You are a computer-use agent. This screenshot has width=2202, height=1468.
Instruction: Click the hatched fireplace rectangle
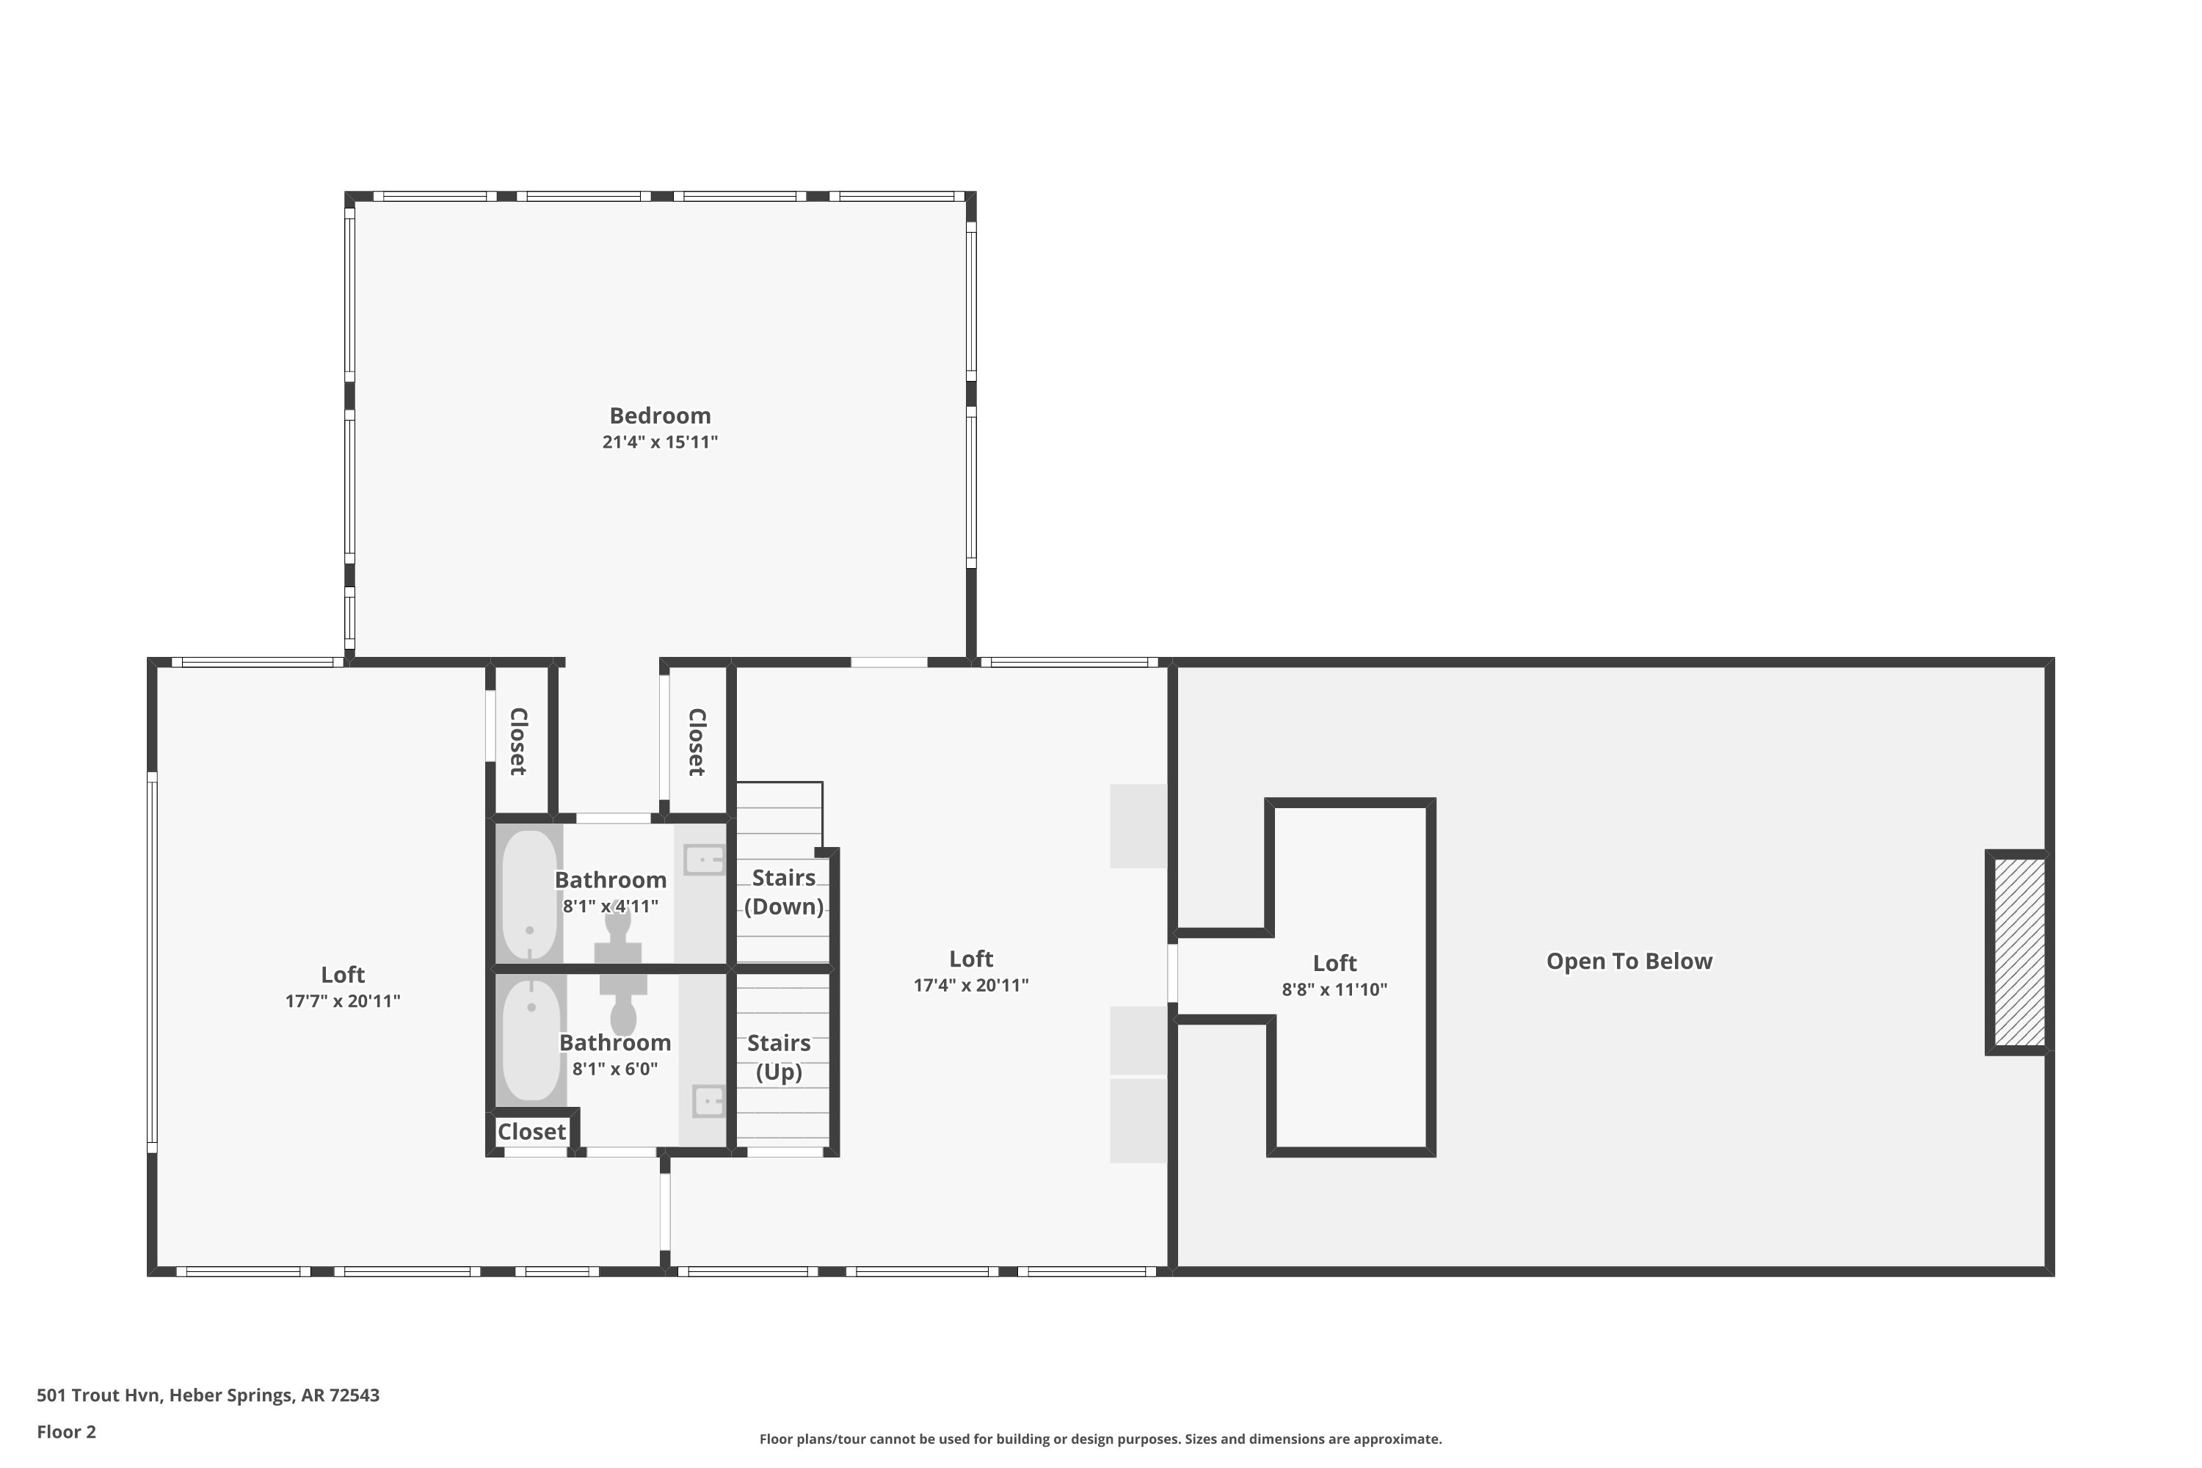click(2019, 953)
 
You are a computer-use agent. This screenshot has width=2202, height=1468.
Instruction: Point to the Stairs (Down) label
click(784, 893)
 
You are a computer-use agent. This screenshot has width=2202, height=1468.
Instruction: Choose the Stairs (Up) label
click(779, 1057)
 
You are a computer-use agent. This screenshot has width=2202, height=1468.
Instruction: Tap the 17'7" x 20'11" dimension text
click(343, 1001)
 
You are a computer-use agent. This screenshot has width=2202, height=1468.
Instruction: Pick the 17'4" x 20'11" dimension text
click(971, 985)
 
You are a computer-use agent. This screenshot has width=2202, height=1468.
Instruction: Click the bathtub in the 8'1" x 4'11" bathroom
click(530, 894)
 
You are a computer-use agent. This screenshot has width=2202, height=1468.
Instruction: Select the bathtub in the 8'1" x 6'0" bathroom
click(531, 1039)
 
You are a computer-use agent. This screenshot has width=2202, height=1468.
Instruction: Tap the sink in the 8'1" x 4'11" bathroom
click(704, 860)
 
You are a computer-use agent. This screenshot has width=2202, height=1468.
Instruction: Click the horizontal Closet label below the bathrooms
click(531, 1132)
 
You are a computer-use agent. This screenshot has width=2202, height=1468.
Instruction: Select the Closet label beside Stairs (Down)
click(697, 741)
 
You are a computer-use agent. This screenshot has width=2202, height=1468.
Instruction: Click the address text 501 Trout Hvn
click(100, 1395)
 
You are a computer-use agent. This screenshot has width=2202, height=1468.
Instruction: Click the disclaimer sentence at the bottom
click(1101, 1439)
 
